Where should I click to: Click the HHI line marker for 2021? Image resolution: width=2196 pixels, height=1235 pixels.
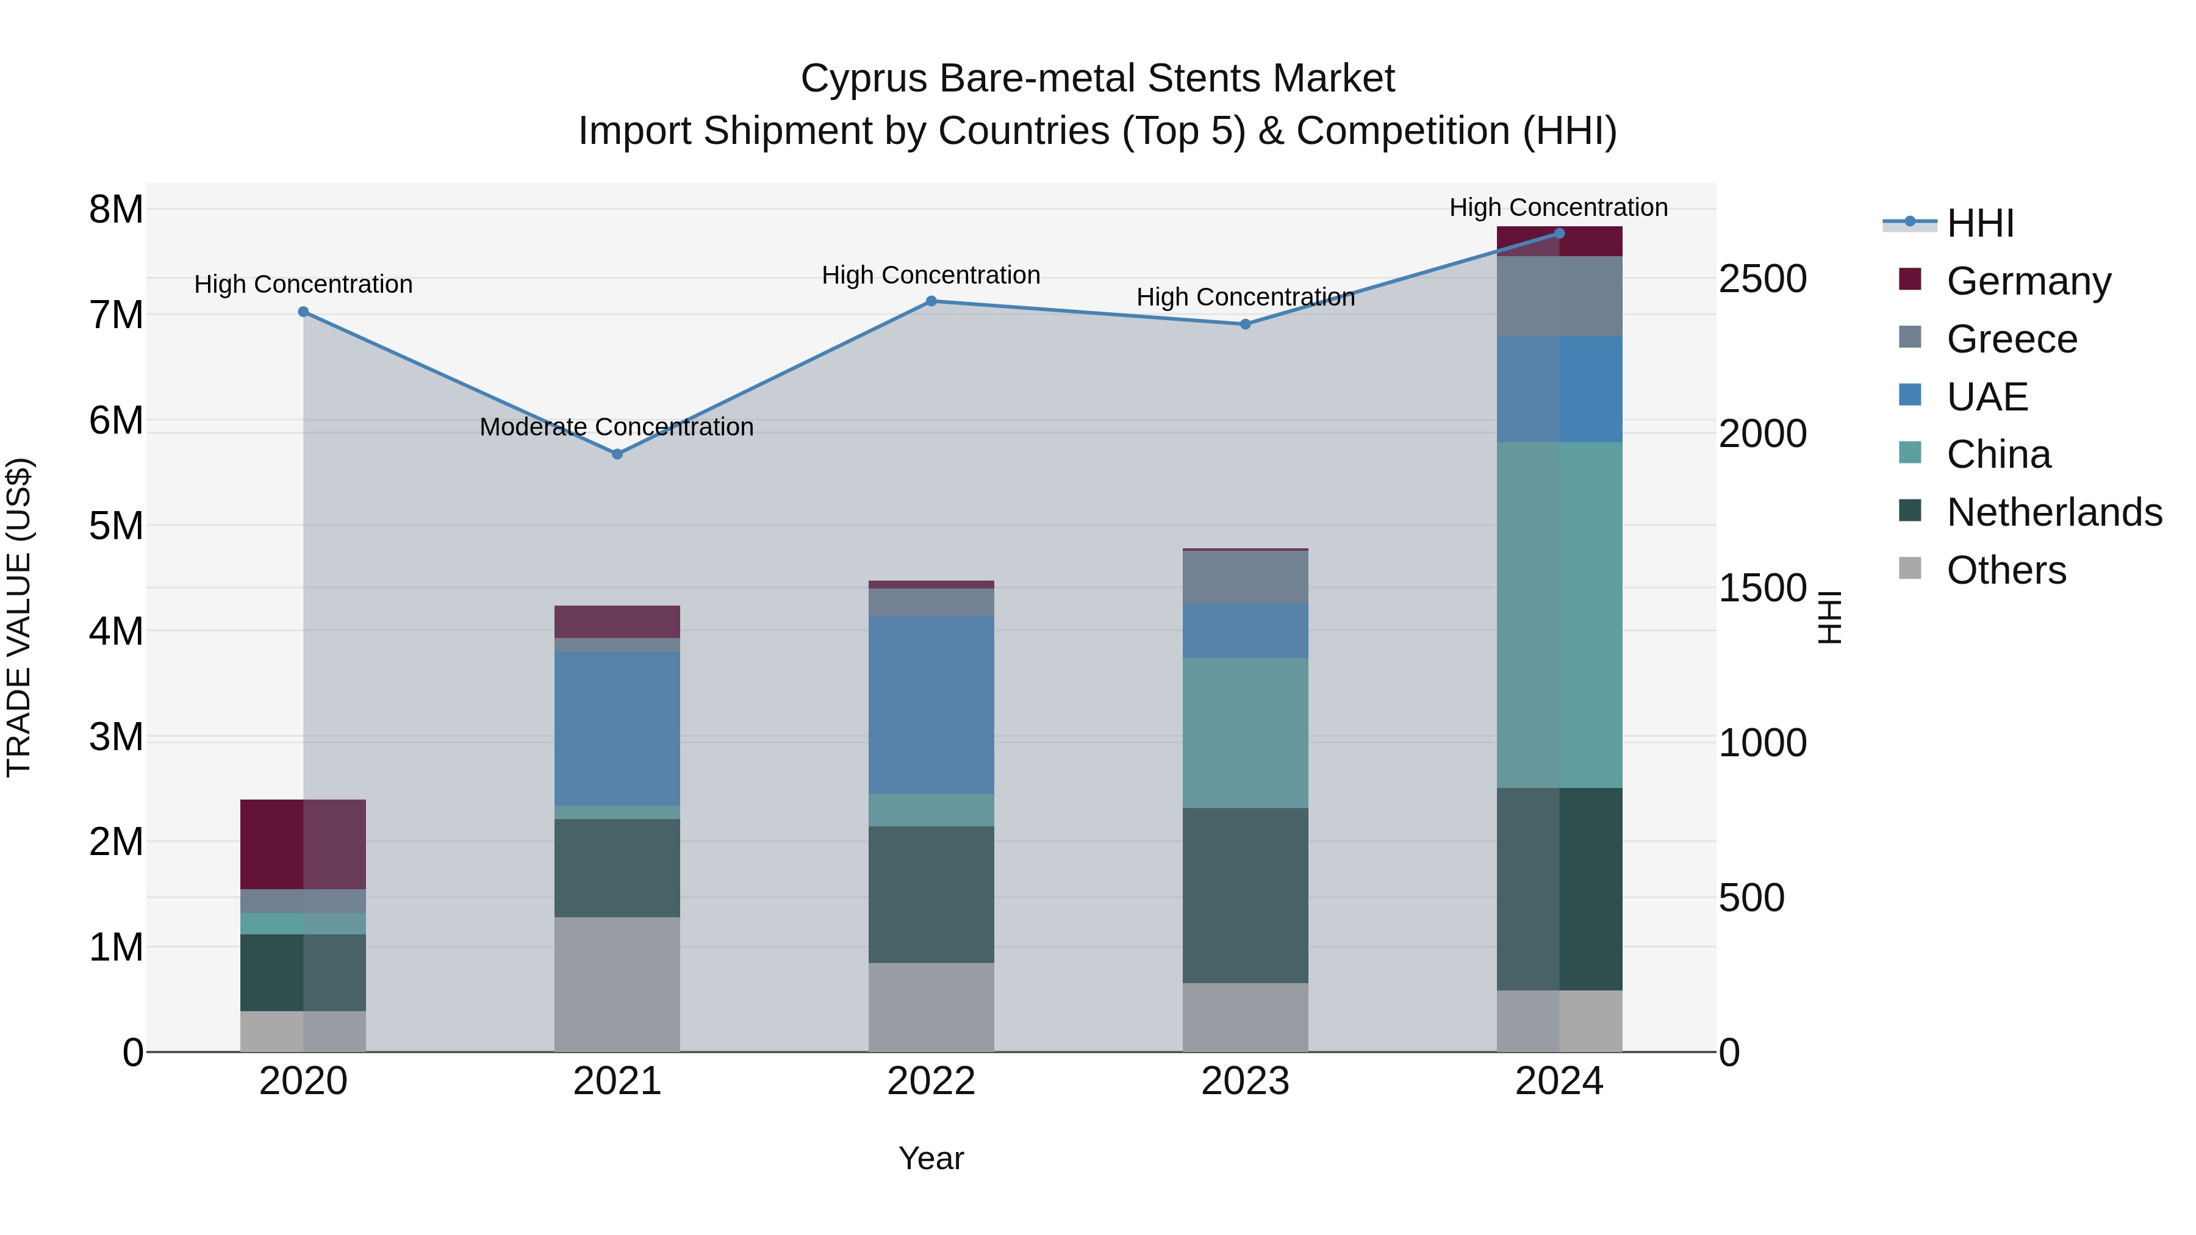(x=617, y=454)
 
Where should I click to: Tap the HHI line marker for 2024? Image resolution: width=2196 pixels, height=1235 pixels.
(x=1559, y=234)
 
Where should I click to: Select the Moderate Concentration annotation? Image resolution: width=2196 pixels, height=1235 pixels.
(x=616, y=427)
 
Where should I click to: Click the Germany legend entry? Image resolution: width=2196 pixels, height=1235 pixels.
(x=2028, y=281)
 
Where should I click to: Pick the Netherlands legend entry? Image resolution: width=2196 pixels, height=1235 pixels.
(x=2054, y=512)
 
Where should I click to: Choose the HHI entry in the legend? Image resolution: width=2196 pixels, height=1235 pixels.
(x=1979, y=223)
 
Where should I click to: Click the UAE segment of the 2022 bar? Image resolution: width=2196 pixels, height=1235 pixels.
(x=931, y=705)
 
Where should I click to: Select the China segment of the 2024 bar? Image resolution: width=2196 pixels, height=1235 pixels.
(x=1559, y=615)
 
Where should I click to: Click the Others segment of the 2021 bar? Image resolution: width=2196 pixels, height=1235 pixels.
(x=617, y=984)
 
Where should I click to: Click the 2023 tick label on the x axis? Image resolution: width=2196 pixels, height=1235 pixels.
(x=1244, y=1081)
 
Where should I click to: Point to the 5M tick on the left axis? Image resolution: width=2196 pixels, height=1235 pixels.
(x=116, y=526)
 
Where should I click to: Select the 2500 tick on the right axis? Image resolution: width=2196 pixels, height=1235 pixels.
(x=1762, y=279)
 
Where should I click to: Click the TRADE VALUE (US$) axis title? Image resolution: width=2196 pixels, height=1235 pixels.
(x=19, y=617)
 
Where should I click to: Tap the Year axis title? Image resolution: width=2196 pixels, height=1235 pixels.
(x=931, y=1158)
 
